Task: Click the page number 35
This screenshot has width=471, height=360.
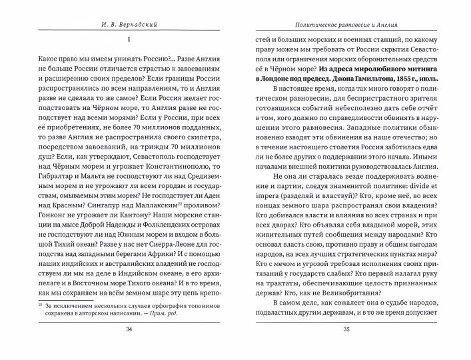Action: point(345,347)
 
